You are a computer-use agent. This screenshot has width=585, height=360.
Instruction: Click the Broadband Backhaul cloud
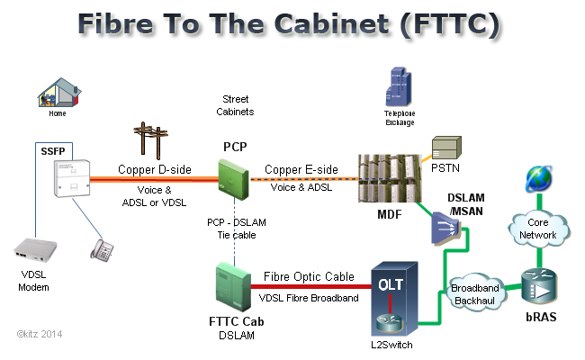click(x=474, y=290)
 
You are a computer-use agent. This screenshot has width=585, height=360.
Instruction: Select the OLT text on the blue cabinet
click(x=391, y=284)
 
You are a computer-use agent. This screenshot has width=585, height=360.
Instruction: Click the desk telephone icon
click(x=103, y=248)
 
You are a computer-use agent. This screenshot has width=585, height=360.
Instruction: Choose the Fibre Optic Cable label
click(x=309, y=277)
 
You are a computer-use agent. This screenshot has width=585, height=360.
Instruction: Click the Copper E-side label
click(x=301, y=169)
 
